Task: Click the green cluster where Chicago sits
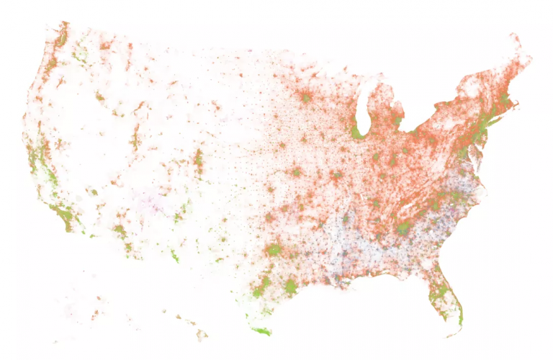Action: pos(358,132)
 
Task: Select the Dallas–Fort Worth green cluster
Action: pos(274,250)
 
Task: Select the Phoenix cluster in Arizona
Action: pos(120,232)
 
